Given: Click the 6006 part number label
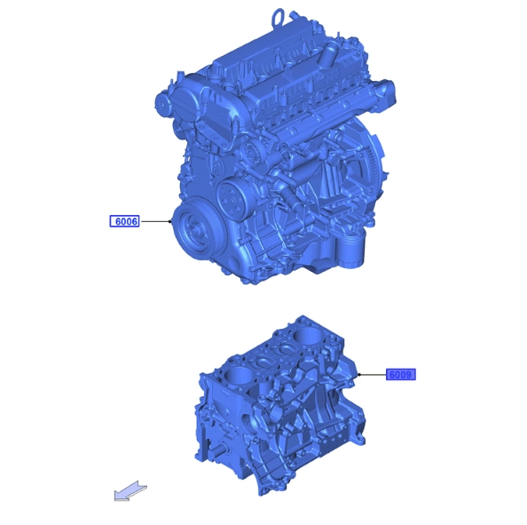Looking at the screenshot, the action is (x=124, y=221).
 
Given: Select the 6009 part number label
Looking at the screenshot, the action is (x=401, y=375).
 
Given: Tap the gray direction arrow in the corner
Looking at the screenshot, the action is (x=130, y=491).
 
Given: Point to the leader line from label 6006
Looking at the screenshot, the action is (x=155, y=221).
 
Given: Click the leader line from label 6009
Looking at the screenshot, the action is (x=373, y=375).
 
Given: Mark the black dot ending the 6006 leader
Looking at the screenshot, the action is (x=170, y=221).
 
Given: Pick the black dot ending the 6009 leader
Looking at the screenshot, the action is (x=359, y=375).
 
